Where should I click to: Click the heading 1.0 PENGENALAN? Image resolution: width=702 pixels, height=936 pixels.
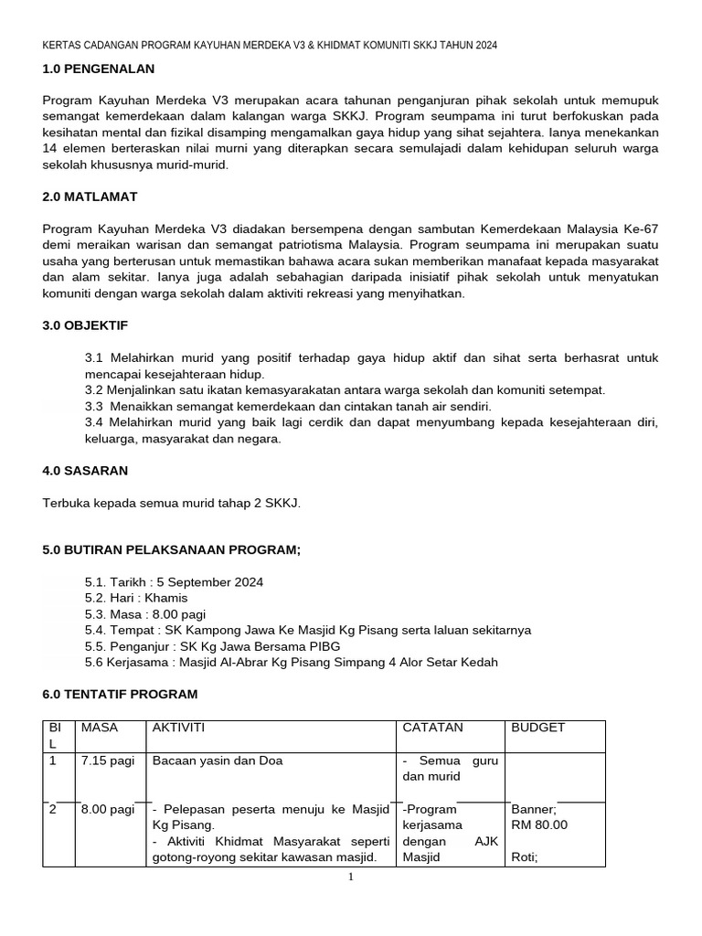[99, 69]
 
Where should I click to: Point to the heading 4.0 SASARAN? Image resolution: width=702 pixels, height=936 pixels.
[85, 471]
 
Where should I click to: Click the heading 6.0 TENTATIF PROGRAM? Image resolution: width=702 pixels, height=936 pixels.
[120, 695]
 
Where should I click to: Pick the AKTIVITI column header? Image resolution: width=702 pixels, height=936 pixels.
[179, 728]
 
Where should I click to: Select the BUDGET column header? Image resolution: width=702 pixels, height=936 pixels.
[538, 728]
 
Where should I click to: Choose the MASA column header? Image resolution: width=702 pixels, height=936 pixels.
[100, 728]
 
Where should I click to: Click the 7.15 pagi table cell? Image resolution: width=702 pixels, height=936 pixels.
[107, 760]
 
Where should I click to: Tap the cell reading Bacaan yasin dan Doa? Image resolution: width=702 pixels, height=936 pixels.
[218, 760]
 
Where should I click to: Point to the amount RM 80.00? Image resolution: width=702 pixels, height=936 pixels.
[539, 824]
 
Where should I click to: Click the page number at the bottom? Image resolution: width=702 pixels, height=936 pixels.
[351, 878]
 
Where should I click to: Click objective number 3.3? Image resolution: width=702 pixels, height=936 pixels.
[94, 406]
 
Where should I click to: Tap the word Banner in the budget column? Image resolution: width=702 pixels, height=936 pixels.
[534, 809]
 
